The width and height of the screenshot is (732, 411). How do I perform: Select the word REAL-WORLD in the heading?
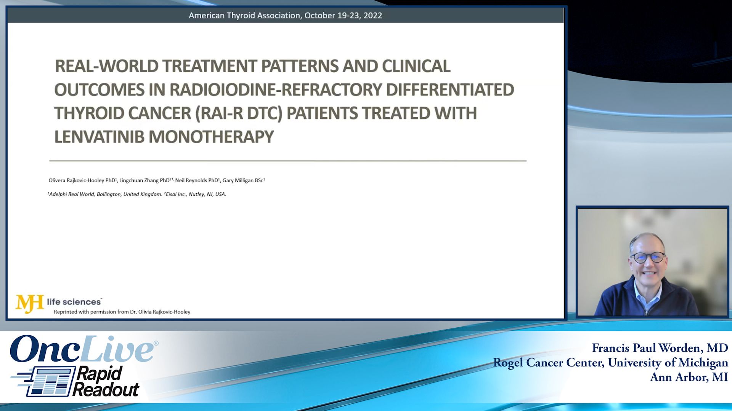106,66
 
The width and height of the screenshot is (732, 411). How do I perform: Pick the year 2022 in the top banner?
372,15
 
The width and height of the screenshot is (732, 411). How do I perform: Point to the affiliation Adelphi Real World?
71,194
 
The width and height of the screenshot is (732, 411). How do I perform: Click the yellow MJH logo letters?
29,303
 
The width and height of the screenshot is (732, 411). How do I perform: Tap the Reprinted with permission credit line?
122,312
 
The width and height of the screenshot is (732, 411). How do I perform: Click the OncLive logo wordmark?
82,349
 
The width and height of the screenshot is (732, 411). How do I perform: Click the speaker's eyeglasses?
649,258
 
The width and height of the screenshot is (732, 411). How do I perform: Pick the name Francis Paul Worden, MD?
660,348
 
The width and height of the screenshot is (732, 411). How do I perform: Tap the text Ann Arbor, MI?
689,377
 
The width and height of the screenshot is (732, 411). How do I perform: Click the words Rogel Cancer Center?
548,363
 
